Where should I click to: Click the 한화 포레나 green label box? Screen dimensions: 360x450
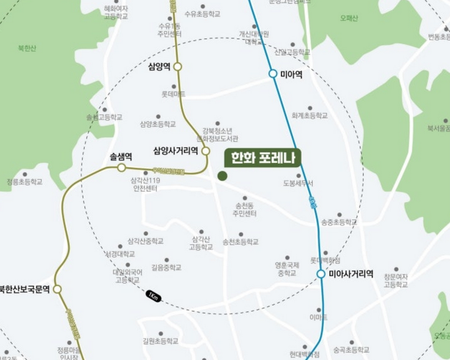click(x=262, y=157)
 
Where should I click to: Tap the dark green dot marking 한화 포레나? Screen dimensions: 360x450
click(x=222, y=176)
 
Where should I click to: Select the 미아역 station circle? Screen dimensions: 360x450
click(x=273, y=74)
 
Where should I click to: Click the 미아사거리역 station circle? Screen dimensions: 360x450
click(x=321, y=274)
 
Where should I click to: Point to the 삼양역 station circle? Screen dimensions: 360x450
click(x=178, y=67)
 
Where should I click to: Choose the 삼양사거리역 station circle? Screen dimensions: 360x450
click(x=206, y=150)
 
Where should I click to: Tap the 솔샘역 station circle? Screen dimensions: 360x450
click(x=122, y=168)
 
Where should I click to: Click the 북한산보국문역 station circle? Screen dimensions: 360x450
click(x=57, y=289)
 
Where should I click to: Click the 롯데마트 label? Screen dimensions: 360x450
click(x=173, y=94)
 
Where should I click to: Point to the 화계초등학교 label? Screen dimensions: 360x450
click(x=309, y=116)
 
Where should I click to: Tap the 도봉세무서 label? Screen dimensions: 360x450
click(x=298, y=183)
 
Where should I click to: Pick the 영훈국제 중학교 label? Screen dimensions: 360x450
click(x=287, y=269)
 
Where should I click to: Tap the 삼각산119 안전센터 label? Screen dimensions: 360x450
click(x=145, y=184)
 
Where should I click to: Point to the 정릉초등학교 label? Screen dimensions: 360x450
click(x=25, y=182)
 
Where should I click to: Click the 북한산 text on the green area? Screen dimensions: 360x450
click(x=27, y=48)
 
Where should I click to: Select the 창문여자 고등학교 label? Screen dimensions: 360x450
click(x=395, y=280)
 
